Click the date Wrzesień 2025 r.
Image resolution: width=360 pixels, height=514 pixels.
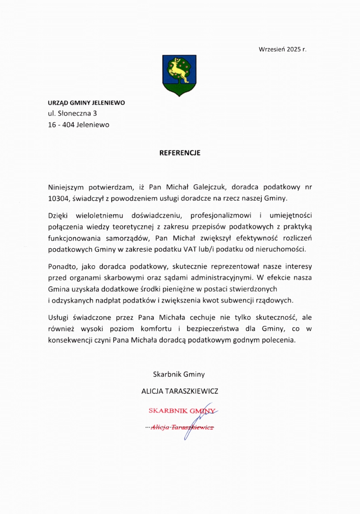click(x=283, y=50)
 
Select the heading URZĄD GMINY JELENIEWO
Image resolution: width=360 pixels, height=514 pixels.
click(x=86, y=103)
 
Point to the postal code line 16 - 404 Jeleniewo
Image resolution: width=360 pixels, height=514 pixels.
click(x=79, y=125)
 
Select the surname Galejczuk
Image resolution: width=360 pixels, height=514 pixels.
click(x=202, y=187)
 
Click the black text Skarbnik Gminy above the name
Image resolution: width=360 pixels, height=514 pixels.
click(x=179, y=375)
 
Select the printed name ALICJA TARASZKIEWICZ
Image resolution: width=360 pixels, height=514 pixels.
click(x=180, y=391)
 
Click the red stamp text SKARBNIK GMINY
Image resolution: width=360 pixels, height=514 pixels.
click(x=181, y=410)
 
